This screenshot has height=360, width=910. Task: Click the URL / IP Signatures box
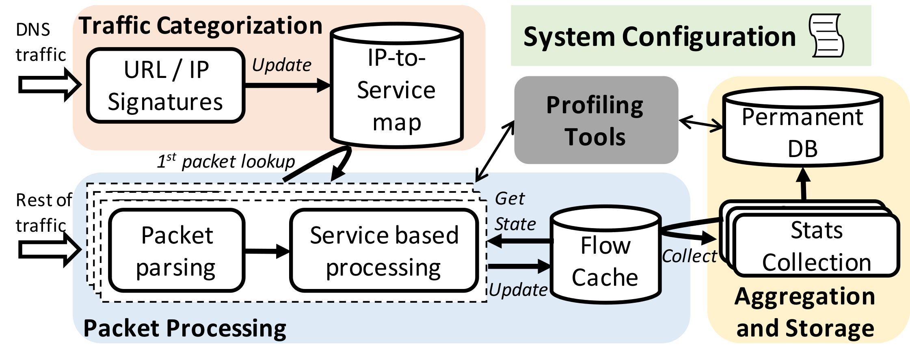166,86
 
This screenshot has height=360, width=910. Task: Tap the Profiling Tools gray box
596,121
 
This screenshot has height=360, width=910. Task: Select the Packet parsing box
177,250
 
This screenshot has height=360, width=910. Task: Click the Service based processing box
384,250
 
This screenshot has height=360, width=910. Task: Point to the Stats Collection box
817,246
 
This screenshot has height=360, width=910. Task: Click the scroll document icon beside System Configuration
826,36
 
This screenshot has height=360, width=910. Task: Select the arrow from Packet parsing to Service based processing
267,251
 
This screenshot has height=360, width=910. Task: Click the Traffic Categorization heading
200,26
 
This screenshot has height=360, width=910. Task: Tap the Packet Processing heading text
185,328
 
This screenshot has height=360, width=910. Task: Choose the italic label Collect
689,256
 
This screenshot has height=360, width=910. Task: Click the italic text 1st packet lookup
226,162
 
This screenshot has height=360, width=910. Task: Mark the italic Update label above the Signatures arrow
281,65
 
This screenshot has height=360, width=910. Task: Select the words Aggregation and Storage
805,312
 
